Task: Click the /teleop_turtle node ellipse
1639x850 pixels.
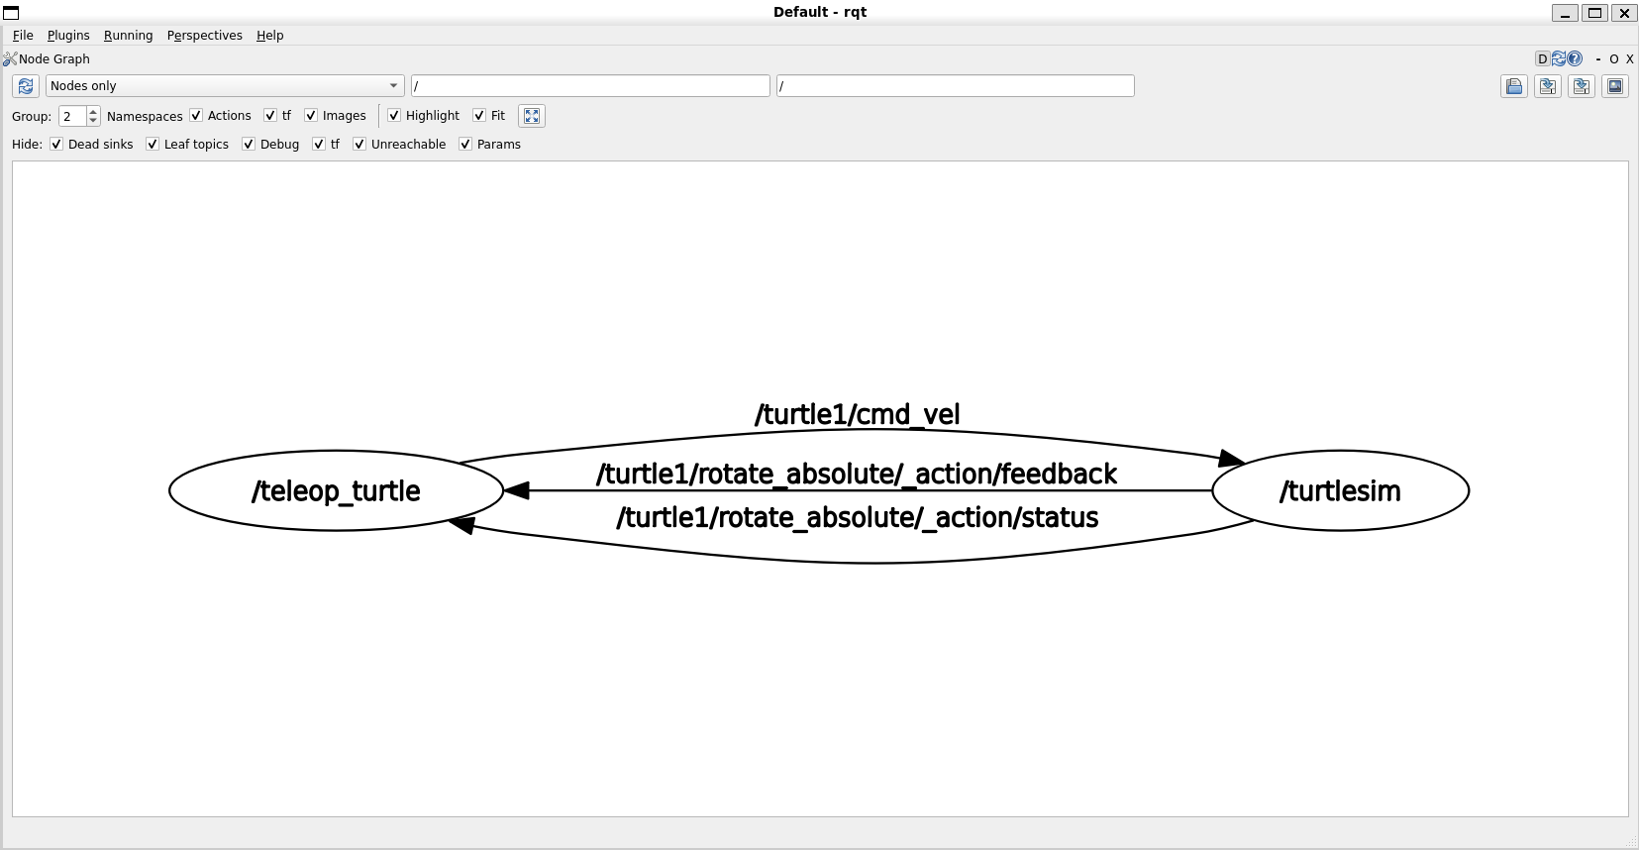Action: coord(336,490)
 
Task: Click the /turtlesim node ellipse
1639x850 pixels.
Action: coord(1340,490)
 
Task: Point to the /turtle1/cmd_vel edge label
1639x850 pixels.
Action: coord(857,414)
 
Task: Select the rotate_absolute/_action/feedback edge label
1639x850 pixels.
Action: coord(857,475)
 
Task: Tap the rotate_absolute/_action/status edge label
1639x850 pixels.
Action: coord(857,518)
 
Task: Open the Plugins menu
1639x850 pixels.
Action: coord(68,36)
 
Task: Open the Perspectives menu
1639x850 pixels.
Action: coord(204,36)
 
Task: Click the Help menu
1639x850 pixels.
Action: coord(269,36)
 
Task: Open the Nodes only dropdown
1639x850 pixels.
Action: coord(225,86)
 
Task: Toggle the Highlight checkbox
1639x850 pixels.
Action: coord(394,116)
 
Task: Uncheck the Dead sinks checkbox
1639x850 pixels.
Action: coord(56,145)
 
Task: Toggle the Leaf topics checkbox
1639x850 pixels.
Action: coord(153,145)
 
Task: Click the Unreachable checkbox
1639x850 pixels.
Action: coord(359,145)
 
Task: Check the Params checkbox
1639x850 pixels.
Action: coord(465,145)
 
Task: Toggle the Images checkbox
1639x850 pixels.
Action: coord(311,116)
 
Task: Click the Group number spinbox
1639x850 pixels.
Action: coord(73,117)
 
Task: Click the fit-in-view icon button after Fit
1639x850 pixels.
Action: coord(532,116)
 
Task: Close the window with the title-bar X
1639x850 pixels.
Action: coord(1624,13)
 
